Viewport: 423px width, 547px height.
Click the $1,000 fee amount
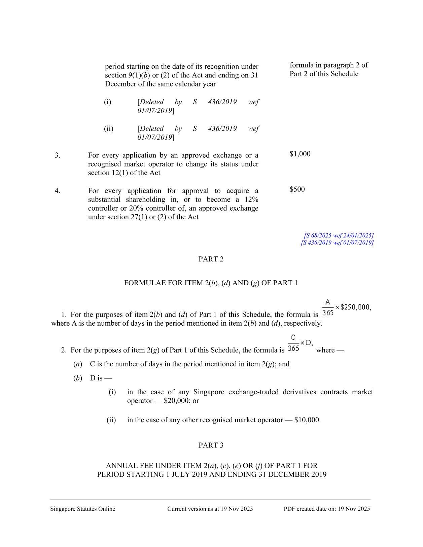click(x=300, y=154)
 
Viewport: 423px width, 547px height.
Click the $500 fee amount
click(x=297, y=189)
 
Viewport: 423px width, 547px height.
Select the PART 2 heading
click(x=211, y=259)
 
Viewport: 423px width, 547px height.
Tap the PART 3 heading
click(x=211, y=445)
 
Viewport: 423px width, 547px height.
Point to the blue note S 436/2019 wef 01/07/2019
click(x=337, y=243)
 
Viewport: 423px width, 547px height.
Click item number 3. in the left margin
click(x=58, y=155)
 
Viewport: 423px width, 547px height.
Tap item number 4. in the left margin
click(x=58, y=191)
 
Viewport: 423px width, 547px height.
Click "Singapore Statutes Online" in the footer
click(x=83, y=509)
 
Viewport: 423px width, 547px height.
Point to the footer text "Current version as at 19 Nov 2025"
click(x=210, y=509)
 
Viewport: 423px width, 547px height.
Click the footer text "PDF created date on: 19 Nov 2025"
click(x=327, y=509)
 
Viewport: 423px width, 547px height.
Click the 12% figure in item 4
click(x=251, y=199)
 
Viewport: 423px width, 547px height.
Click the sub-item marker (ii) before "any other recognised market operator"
click(x=111, y=420)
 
